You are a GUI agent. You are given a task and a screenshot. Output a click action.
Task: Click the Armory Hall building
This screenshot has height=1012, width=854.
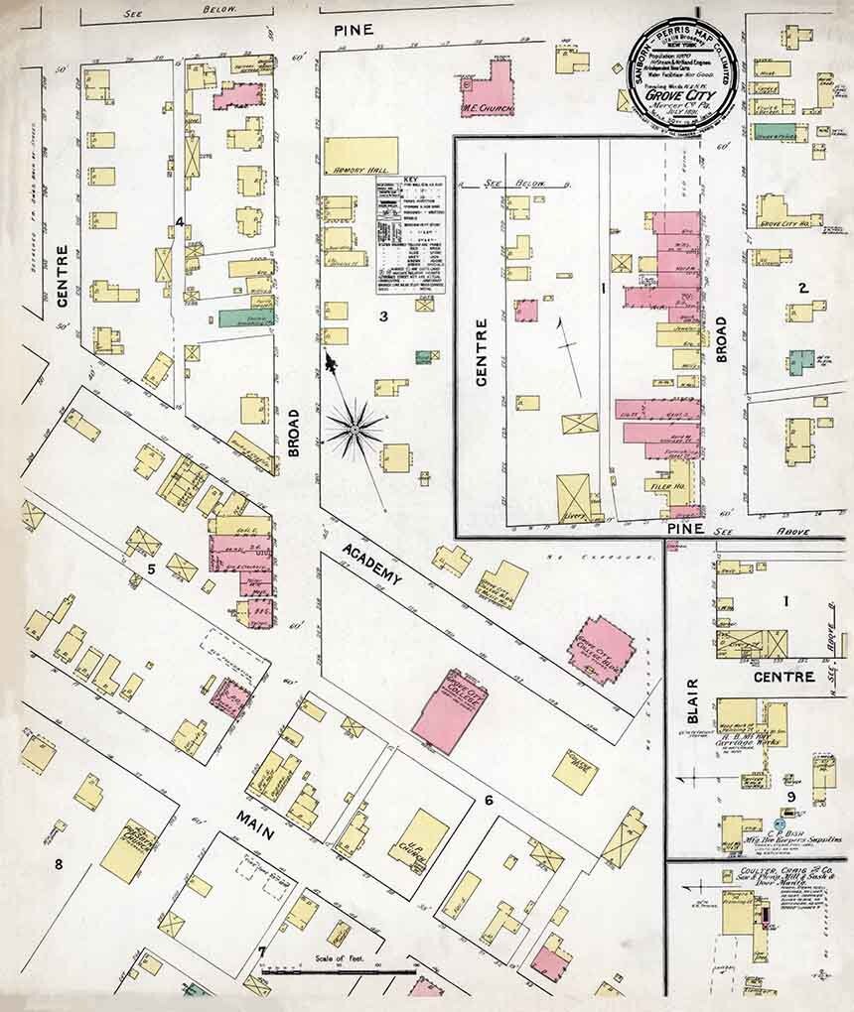pyautogui.click(x=360, y=156)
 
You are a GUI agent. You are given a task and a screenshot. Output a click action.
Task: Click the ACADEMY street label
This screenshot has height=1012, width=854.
pyautogui.click(x=369, y=563)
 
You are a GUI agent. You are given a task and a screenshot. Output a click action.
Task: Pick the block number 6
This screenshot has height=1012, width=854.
pyautogui.click(x=489, y=800)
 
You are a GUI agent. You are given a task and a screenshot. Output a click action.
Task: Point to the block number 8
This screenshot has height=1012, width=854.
pyautogui.click(x=58, y=864)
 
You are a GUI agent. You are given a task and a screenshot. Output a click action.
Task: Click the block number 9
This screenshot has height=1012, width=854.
pyautogui.click(x=791, y=796)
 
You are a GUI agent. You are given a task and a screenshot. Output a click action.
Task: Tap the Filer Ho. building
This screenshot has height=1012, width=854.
pyautogui.click(x=664, y=487)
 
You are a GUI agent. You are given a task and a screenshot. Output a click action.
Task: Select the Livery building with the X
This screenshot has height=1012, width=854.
pyautogui.click(x=572, y=498)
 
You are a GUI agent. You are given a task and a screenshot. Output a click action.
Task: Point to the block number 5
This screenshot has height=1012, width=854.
pyautogui.click(x=151, y=569)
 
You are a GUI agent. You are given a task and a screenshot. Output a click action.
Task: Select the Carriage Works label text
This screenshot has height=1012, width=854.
pyautogui.click(x=754, y=739)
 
